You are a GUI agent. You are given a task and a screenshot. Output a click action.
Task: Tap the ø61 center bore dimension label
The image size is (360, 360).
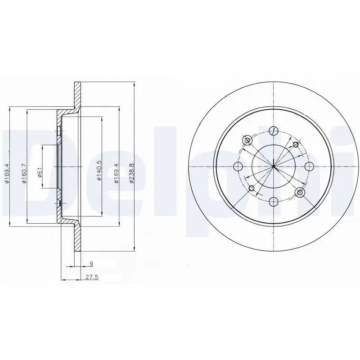[x=40, y=172]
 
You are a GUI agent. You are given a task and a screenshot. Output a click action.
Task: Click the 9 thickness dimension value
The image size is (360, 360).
[x=91, y=264]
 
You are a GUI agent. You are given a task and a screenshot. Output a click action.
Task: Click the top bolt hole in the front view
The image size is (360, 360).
[x=273, y=131]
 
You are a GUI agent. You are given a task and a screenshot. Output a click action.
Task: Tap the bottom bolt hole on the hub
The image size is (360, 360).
[x=273, y=201]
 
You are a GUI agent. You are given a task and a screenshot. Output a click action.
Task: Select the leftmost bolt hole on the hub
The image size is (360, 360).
[x=238, y=166]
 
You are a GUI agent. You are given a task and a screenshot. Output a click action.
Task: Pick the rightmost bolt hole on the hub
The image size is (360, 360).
[x=308, y=166]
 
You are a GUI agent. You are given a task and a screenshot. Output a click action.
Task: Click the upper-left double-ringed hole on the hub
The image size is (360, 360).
[x=247, y=141]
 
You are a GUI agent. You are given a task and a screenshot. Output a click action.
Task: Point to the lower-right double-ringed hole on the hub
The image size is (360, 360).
[x=299, y=192]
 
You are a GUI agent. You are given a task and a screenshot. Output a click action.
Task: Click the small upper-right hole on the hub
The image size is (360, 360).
[x=296, y=144]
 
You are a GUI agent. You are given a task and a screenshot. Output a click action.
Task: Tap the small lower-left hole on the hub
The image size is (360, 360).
[x=251, y=188]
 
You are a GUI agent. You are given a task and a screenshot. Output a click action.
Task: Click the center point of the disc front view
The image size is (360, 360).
[x=273, y=166]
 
